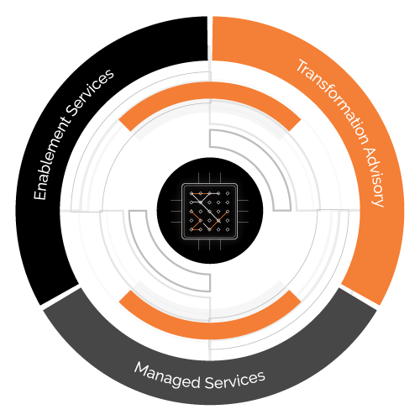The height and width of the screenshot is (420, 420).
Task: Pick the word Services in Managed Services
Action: (235, 380)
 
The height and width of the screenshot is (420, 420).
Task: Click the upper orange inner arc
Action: (210, 90)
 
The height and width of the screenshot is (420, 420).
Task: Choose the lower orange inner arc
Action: (210, 330)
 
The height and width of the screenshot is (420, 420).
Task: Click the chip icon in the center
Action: (210, 212)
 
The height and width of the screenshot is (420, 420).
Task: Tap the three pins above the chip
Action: (210, 178)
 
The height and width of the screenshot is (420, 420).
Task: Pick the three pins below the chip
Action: (210, 245)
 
